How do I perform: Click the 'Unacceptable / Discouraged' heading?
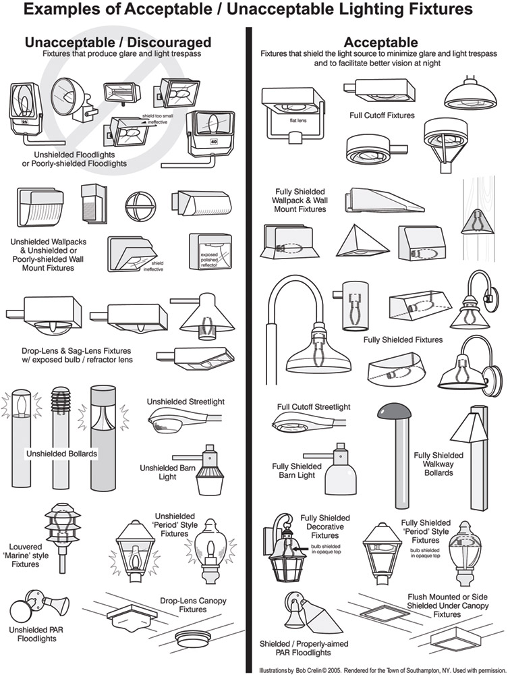click(x=118, y=42)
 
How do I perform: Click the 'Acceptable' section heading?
click(x=380, y=42)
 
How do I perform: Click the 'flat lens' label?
click(x=297, y=121)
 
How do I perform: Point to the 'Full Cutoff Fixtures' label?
click(x=382, y=115)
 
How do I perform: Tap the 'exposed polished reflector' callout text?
click(x=209, y=260)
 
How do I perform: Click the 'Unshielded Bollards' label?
click(x=61, y=454)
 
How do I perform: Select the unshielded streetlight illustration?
click(x=184, y=420)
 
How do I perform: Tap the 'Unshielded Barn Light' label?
click(x=167, y=473)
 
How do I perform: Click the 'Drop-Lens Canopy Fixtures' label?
click(x=193, y=605)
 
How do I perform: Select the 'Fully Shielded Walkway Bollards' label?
click(x=438, y=464)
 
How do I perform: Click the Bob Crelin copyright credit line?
click(x=382, y=670)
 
